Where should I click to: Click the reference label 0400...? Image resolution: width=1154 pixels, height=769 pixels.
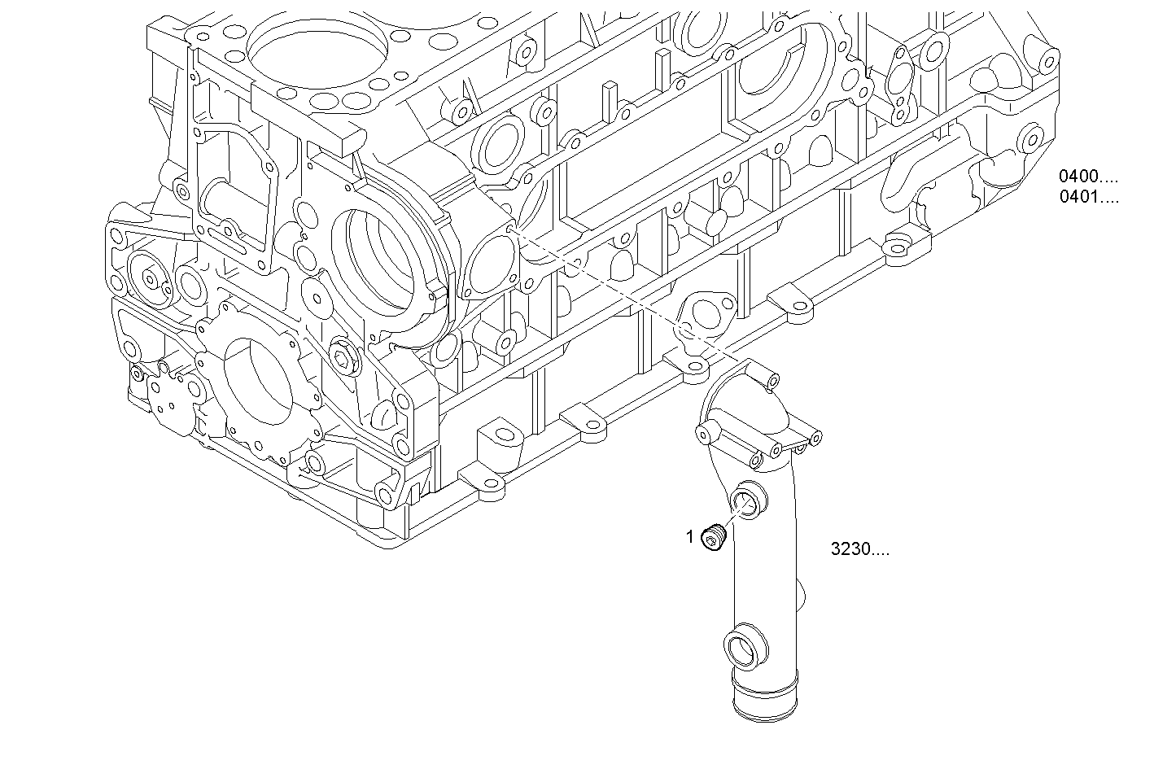[x=1088, y=176]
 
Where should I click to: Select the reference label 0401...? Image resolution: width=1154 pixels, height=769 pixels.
[x=1088, y=196]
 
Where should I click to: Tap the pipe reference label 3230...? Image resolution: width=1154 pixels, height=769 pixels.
[x=859, y=549]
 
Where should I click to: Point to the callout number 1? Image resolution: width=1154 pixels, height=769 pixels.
[x=690, y=536]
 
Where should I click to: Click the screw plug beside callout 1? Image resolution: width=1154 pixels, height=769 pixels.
[x=715, y=538]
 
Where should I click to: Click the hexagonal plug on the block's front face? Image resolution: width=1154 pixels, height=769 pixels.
[x=342, y=357]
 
